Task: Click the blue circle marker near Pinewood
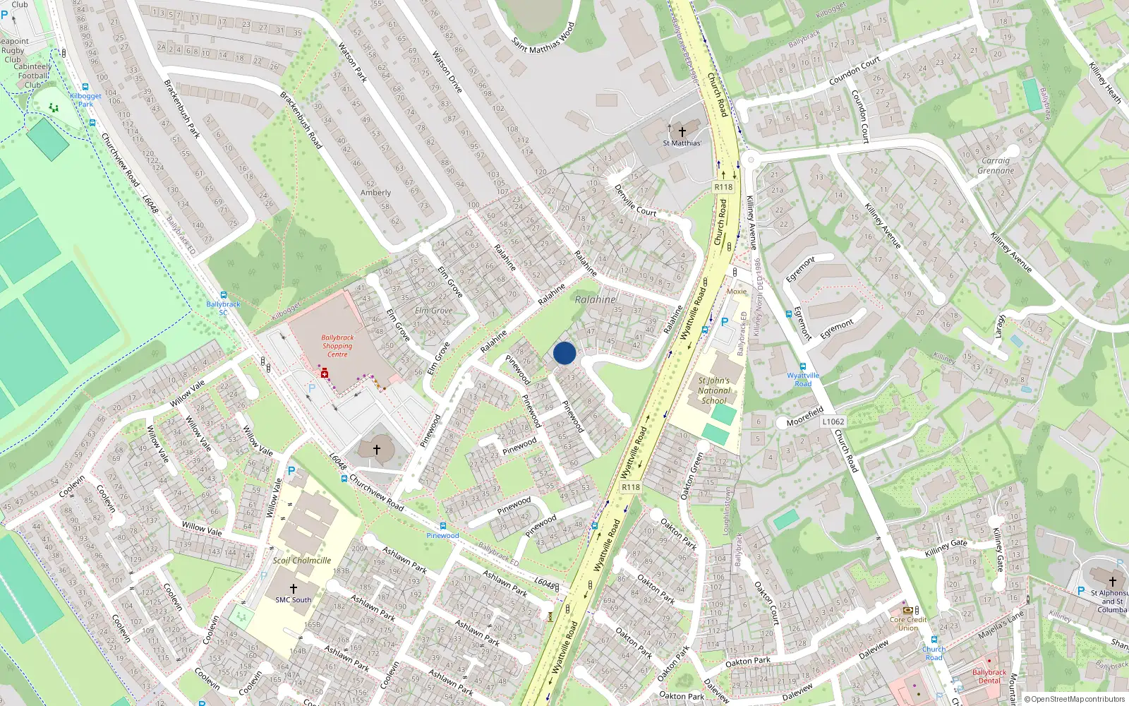click(x=564, y=353)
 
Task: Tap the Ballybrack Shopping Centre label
click(x=337, y=346)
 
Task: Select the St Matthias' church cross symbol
click(x=682, y=131)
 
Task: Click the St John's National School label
click(x=713, y=390)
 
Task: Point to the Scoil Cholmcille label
click(x=302, y=561)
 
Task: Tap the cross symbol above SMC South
click(x=294, y=588)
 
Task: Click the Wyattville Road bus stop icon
click(x=803, y=366)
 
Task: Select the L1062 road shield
click(x=833, y=421)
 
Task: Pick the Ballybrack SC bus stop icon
click(x=224, y=295)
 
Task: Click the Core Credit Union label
click(x=908, y=623)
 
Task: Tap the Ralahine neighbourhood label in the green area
click(x=595, y=299)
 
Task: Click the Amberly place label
click(x=375, y=193)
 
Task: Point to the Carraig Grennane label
click(x=996, y=165)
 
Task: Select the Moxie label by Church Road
click(x=737, y=291)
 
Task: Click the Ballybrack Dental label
click(x=989, y=676)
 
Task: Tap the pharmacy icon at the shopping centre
click(x=325, y=372)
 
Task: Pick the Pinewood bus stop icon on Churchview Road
click(x=442, y=526)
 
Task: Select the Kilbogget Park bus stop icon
click(x=85, y=88)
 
